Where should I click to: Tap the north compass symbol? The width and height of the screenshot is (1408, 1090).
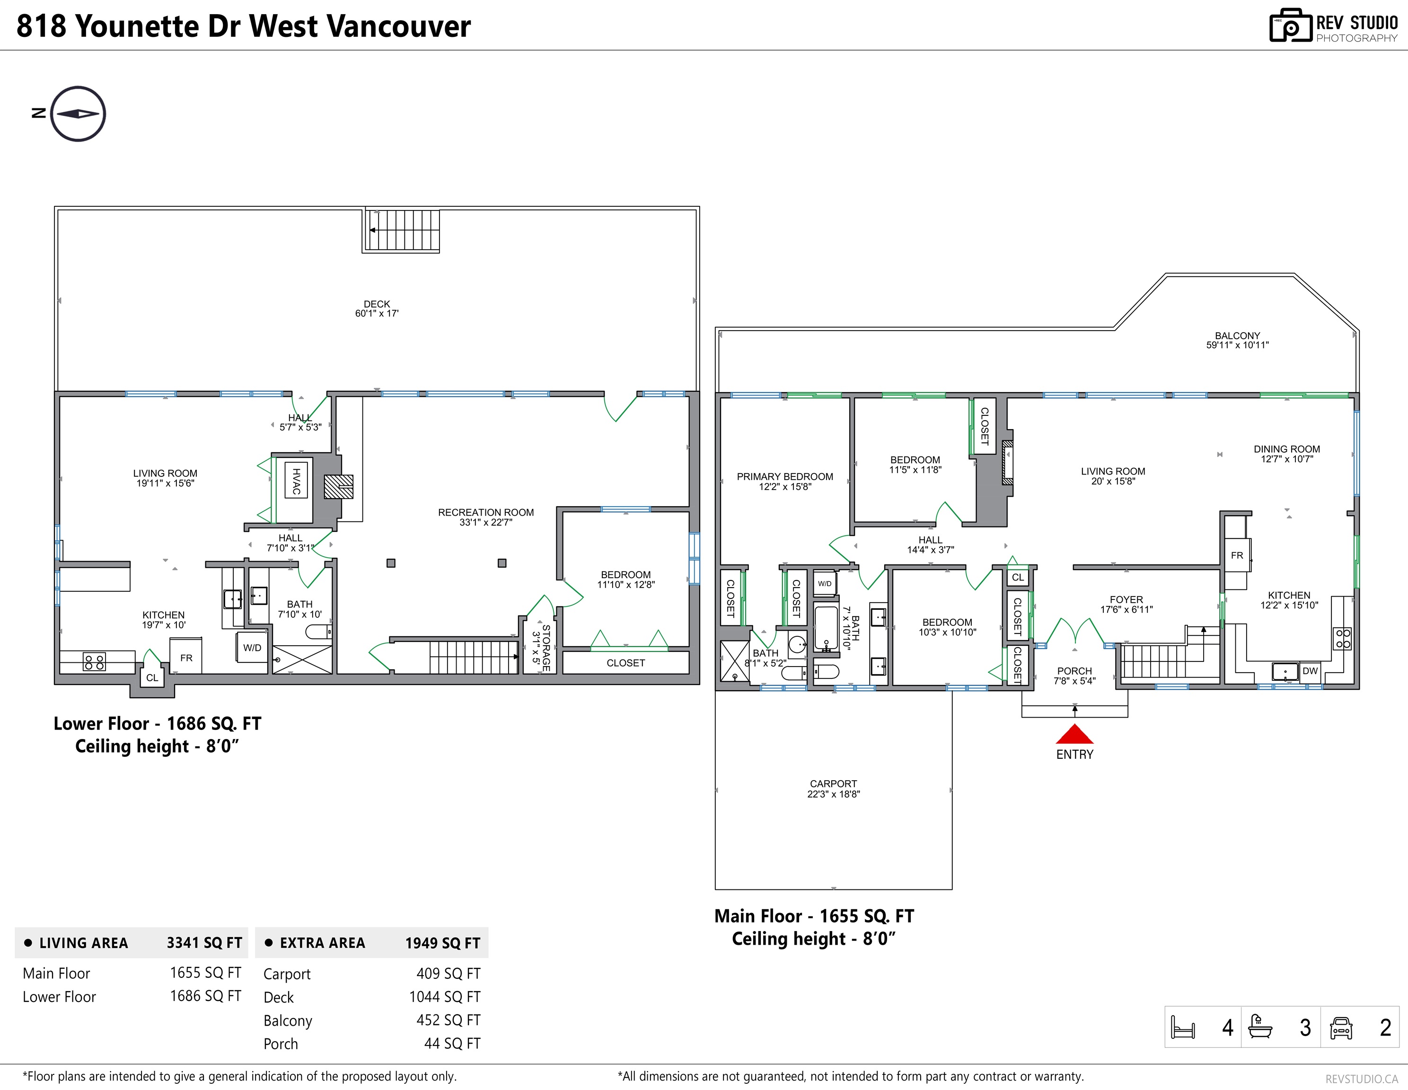tap(78, 114)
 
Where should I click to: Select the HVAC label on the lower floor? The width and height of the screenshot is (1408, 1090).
tap(296, 481)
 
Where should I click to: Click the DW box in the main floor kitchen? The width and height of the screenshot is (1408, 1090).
tap(1310, 671)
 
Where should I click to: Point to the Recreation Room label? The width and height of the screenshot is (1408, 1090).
tap(486, 512)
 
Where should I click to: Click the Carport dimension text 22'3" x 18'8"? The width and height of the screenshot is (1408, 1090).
tap(834, 794)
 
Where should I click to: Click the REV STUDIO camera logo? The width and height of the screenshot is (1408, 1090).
tap(1291, 26)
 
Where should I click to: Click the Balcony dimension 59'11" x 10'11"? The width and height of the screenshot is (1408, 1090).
tap(1237, 345)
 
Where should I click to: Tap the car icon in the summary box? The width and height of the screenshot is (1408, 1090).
tap(1341, 1028)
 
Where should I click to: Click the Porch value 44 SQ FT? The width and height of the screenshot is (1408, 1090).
tap(453, 1044)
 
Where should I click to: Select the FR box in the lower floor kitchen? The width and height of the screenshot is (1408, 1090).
tap(186, 656)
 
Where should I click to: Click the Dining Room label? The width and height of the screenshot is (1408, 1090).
tap(1287, 449)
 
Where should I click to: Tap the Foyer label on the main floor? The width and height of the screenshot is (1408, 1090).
tap(1126, 599)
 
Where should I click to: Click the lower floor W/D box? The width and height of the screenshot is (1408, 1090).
tap(252, 648)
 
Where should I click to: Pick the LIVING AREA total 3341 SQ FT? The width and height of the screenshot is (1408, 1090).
tap(204, 943)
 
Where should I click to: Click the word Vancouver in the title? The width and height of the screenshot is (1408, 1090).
tap(399, 26)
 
